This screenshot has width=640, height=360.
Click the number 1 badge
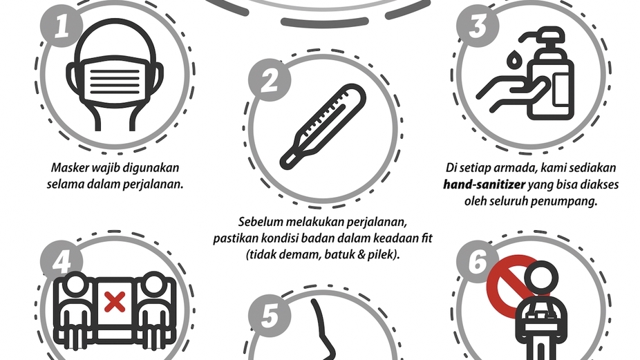62,26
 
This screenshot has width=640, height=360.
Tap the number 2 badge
270,80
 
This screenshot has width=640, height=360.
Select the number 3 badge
478,26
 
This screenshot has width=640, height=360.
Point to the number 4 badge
62,262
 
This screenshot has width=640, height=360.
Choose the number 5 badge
270,316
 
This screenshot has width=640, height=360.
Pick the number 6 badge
478,262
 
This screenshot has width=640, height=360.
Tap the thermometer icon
323,126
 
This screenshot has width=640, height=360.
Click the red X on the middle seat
115,302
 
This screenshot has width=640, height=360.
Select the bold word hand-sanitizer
484,184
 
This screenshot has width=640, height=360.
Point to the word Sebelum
261,222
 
